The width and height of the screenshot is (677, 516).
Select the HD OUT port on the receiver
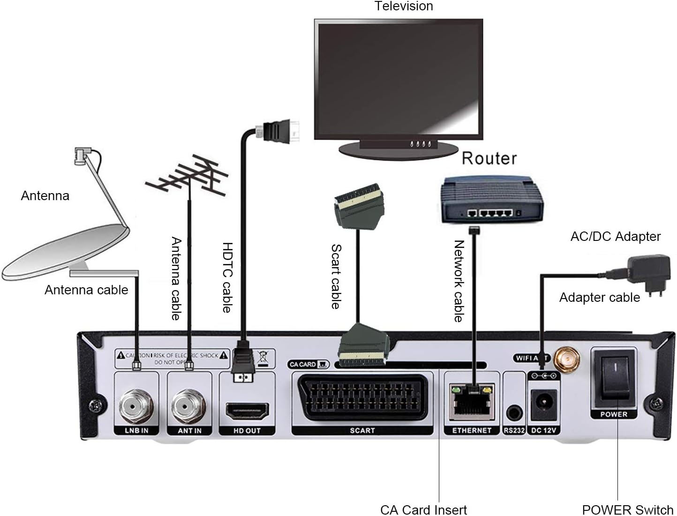[x=247, y=411]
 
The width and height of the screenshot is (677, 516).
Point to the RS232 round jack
[x=514, y=414]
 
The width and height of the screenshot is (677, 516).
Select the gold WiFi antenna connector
[x=564, y=359]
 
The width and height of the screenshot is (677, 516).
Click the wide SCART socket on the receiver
[x=362, y=399]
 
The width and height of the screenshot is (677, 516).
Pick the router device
[x=491, y=200]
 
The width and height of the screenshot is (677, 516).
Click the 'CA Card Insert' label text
[x=423, y=509]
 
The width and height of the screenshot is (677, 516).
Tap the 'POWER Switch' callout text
[x=627, y=509]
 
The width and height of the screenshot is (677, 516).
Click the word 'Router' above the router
[x=489, y=158]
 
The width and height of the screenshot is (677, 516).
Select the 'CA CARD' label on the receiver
[x=303, y=364]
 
